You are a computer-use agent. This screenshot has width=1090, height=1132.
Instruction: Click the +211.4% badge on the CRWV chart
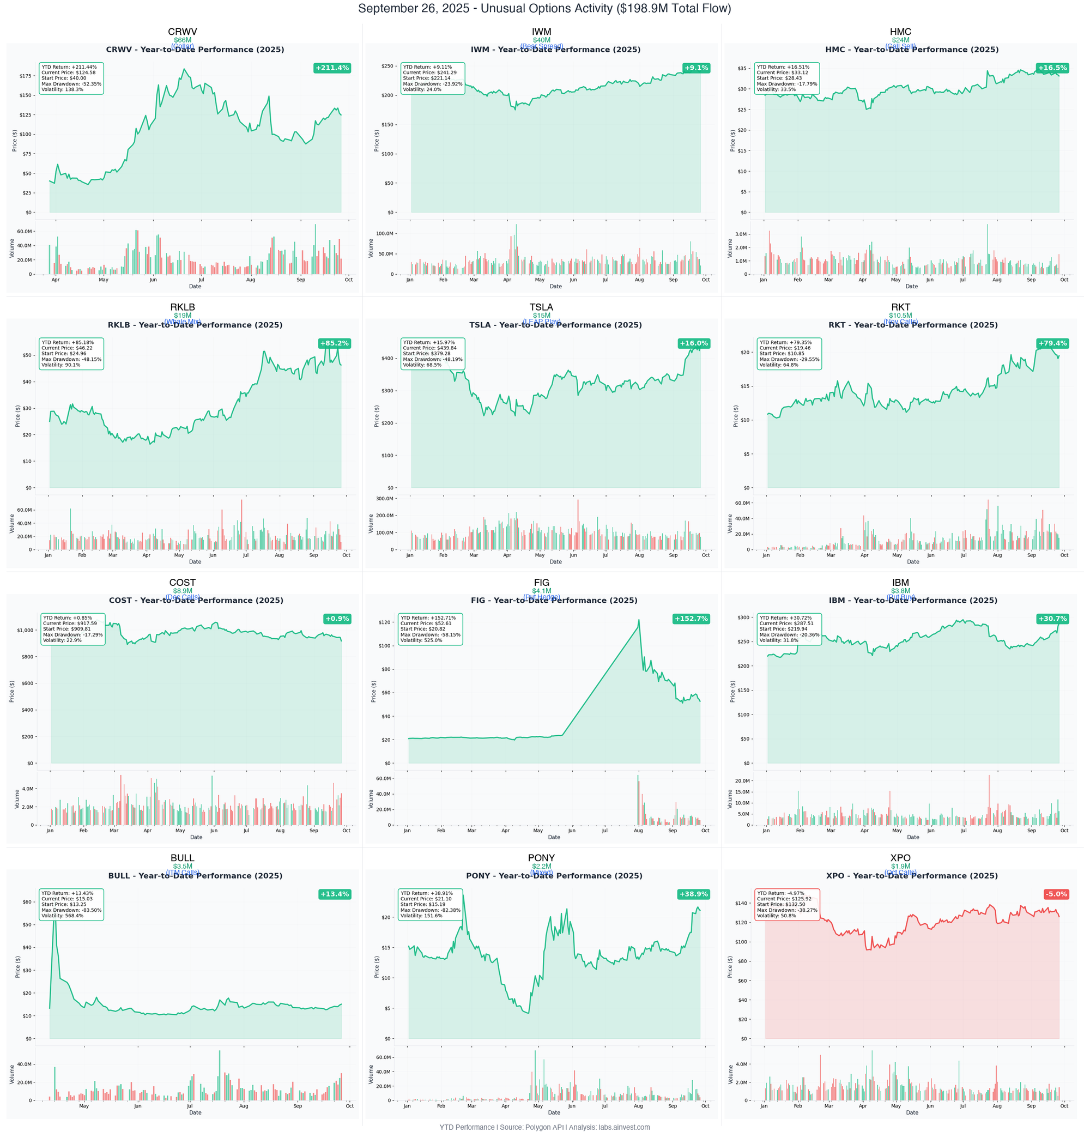[x=332, y=68]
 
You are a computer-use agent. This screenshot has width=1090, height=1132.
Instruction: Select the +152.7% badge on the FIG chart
[x=691, y=619]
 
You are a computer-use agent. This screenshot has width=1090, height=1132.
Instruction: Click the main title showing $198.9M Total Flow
[x=544, y=9]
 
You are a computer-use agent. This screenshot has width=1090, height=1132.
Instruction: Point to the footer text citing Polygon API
[x=544, y=1127]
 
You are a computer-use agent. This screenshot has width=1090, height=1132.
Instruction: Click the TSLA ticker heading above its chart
[x=541, y=307]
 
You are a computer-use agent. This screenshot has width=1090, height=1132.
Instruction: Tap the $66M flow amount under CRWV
[x=183, y=40]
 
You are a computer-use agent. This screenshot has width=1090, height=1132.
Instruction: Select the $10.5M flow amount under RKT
[x=900, y=316]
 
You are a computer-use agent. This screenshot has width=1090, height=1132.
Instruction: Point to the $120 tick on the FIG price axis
[x=384, y=622]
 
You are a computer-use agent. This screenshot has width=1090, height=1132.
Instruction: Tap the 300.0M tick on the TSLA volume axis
[x=384, y=499]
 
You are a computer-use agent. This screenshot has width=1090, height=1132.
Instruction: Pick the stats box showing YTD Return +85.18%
[x=71, y=354]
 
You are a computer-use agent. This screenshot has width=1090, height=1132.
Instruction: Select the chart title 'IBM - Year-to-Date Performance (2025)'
[x=913, y=601]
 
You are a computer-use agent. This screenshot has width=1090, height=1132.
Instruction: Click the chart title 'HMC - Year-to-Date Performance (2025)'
[x=911, y=50]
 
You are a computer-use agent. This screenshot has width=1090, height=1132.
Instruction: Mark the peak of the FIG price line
[x=639, y=620]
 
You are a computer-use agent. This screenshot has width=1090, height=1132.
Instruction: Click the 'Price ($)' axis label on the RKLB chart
[x=18, y=416]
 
